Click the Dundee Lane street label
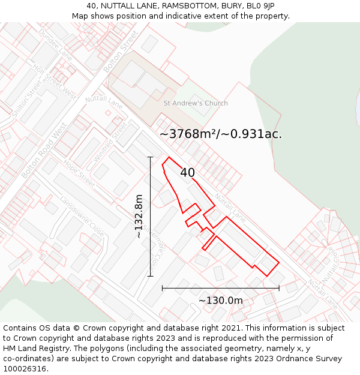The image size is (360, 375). [55, 44]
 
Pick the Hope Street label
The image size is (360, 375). [79, 173]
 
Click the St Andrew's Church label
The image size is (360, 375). [196, 103]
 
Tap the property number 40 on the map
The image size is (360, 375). [187, 173]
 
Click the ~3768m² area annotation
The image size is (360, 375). [220, 134]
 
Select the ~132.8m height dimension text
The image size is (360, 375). [139, 217]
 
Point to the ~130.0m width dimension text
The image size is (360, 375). [221, 301]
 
